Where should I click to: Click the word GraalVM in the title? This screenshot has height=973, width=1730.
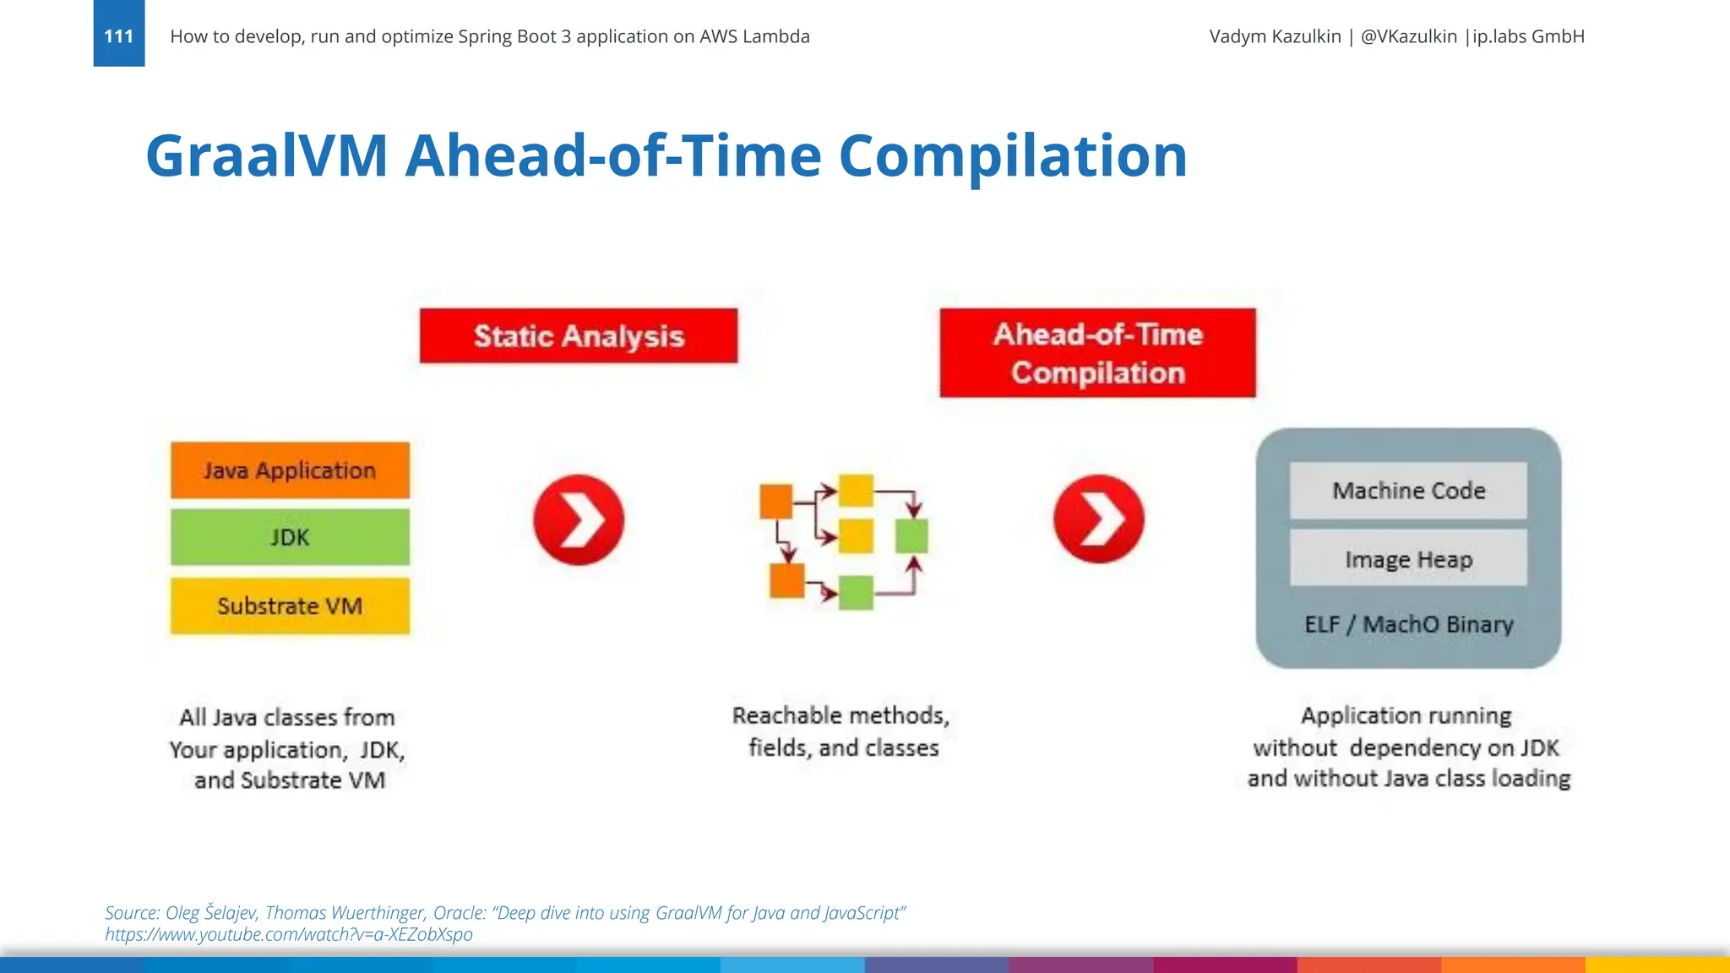click(266, 156)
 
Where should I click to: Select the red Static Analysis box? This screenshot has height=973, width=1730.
click(578, 336)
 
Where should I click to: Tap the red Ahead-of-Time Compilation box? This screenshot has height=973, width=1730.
click(1097, 353)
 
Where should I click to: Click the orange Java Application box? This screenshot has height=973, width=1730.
click(290, 470)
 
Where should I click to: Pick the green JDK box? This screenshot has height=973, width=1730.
click(290, 537)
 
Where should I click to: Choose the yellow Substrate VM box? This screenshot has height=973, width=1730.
click(290, 606)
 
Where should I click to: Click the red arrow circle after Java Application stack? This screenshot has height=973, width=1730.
click(579, 519)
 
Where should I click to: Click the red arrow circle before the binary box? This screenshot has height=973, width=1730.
click(1098, 519)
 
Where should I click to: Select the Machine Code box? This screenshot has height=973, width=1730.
click(1408, 491)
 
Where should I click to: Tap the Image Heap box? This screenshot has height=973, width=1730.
click(1408, 559)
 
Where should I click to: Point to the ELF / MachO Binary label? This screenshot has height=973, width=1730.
click(1408, 625)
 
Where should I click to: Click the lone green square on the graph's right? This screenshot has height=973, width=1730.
click(911, 536)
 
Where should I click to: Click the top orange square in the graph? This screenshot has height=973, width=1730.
click(775, 502)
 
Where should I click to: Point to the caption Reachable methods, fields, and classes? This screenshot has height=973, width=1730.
click(841, 731)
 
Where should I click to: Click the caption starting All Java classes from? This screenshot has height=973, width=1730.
click(287, 748)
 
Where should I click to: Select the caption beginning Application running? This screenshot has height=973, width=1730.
click(1408, 747)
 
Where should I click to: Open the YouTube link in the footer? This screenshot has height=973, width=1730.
click(288, 934)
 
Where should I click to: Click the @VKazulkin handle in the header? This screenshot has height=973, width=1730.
click(1408, 36)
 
